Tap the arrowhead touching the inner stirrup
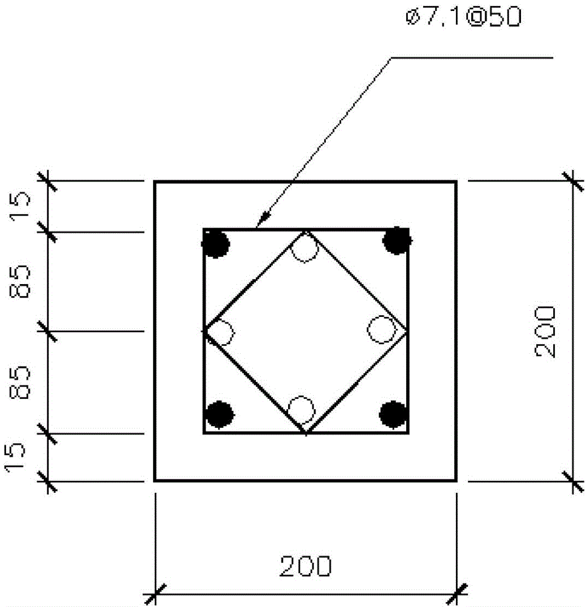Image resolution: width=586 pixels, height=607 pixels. (264, 219)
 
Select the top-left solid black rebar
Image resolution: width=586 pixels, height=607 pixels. (216, 243)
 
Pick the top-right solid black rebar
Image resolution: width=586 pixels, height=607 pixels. (397, 240)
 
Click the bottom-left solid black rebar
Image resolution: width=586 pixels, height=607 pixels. (220, 415)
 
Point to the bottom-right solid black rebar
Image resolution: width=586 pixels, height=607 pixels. (393, 415)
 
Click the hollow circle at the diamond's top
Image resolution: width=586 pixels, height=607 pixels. (305, 248)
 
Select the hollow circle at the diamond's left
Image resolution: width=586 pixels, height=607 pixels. (220, 333)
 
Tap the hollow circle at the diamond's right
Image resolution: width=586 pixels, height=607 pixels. (382, 330)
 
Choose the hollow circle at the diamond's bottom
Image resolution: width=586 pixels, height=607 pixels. (302, 410)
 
